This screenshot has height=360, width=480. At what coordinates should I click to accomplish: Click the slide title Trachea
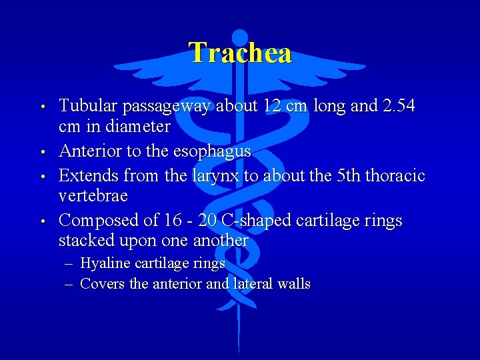240,53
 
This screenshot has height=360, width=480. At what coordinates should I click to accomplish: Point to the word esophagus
211,151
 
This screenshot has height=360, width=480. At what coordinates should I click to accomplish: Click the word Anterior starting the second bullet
87,151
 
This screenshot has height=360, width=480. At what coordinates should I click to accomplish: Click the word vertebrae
93,196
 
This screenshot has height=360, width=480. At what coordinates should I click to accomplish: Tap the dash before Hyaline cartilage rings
69,264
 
